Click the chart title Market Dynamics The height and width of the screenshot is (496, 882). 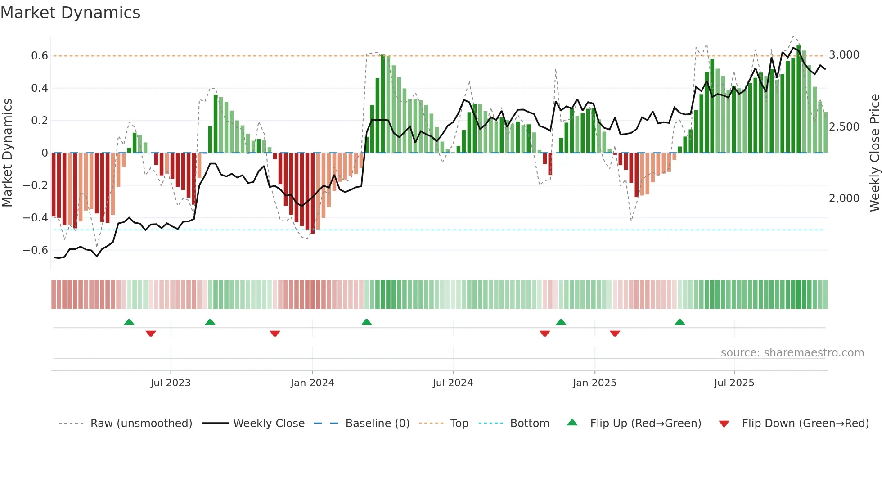point(71,13)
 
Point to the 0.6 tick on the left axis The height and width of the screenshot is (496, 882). point(40,56)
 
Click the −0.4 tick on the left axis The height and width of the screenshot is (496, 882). point(36,218)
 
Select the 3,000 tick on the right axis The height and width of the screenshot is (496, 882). point(844,55)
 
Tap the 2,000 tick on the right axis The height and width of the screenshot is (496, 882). point(844,198)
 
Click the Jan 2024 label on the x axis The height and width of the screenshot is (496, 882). point(312,383)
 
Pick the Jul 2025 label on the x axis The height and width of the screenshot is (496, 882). point(734,383)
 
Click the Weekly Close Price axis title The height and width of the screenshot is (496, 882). point(874,153)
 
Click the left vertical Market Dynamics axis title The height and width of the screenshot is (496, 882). point(7,153)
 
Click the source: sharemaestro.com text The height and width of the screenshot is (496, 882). point(792,353)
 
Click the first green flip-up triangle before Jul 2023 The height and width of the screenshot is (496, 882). point(129,322)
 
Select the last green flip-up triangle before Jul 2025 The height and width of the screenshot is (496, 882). point(679,322)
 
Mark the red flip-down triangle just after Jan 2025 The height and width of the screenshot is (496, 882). point(615,334)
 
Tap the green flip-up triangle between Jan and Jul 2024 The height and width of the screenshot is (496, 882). point(367,322)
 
